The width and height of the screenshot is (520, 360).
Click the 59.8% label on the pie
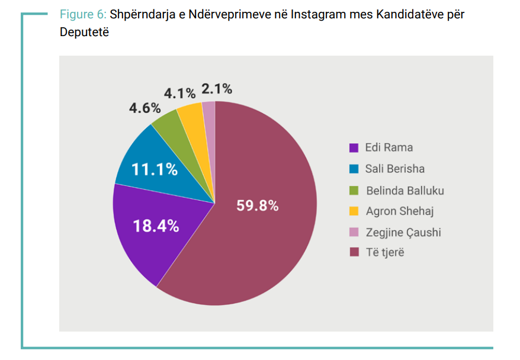(257, 206)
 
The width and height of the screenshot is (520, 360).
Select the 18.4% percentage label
(155, 226)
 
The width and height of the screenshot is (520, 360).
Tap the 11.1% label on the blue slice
(154, 169)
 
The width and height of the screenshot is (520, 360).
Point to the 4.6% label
(145, 108)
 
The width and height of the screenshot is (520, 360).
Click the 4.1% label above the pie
(179, 93)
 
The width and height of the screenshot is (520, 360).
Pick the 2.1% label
(216, 89)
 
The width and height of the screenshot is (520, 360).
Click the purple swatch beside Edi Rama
(354, 147)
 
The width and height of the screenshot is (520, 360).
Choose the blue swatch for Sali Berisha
(354, 169)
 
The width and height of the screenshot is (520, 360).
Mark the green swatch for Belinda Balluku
(354, 191)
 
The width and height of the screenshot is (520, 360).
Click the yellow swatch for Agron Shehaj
(354, 211)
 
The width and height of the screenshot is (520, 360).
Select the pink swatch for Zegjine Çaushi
(354, 232)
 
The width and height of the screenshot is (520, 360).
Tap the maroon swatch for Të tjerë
(354, 253)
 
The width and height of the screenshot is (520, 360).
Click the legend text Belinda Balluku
(405, 191)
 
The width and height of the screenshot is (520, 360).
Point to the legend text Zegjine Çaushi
(403, 232)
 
